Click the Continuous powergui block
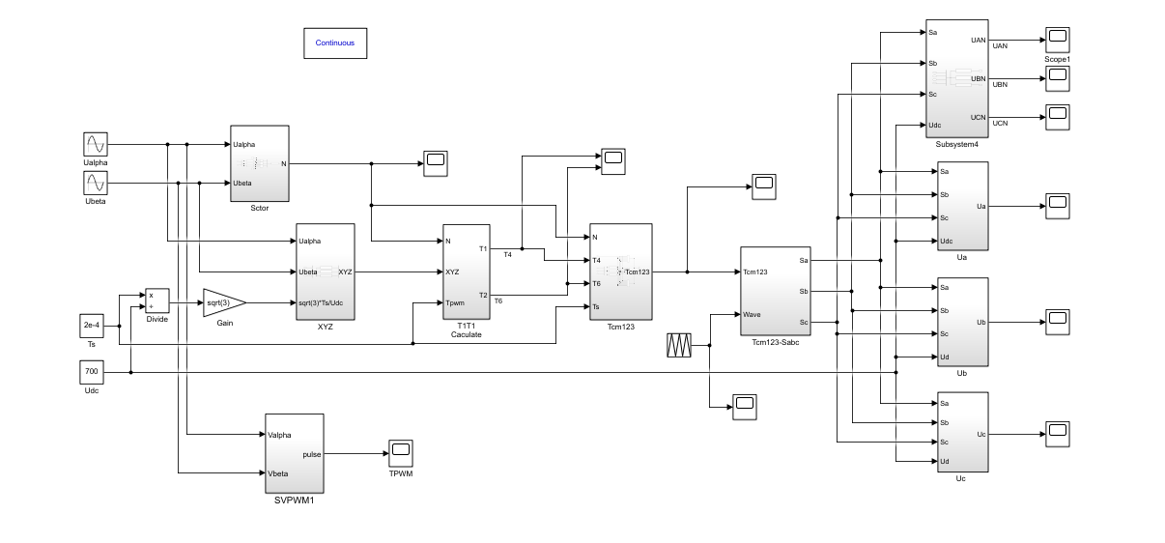(334, 43)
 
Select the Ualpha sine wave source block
(95, 145)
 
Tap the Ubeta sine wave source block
(95, 184)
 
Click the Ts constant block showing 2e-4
(91, 326)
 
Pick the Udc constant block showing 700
(91, 372)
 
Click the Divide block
(156, 300)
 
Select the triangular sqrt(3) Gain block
(223, 302)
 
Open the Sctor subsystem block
(260, 163)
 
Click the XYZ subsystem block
(325, 271)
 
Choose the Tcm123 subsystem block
(620, 271)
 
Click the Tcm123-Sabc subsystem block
(776, 291)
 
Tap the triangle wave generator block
(680, 345)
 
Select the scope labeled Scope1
(1058, 40)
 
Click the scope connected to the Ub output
(1058, 322)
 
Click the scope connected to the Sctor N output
(435, 163)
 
